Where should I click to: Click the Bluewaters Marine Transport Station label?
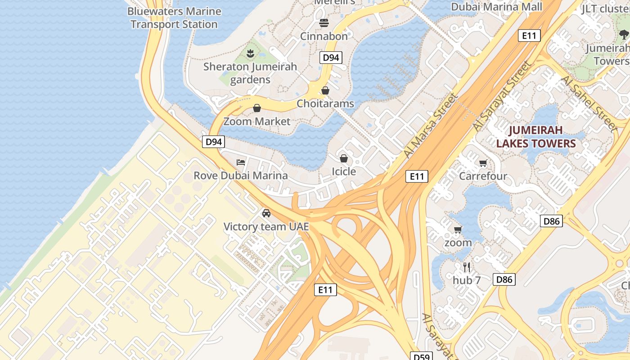point(174,18)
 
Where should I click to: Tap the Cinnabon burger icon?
point(324,22)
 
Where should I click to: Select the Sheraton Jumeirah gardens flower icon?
point(251,54)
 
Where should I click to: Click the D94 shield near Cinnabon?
point(331,58)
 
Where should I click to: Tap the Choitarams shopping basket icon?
point(325,90)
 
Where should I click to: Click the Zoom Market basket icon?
point(257,108)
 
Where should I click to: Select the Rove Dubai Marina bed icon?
point(241,162)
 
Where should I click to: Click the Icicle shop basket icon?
point(344,158)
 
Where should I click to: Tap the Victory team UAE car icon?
point(266,213)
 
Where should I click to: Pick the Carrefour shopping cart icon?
point(483,163)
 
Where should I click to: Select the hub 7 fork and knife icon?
point(467,267)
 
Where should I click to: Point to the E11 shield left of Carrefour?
point(416,176)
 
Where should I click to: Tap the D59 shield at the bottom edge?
point(421,356)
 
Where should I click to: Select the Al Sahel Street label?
point(588,103)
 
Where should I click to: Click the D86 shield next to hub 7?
point(504,279)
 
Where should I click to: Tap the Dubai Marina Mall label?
point(496,7)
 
